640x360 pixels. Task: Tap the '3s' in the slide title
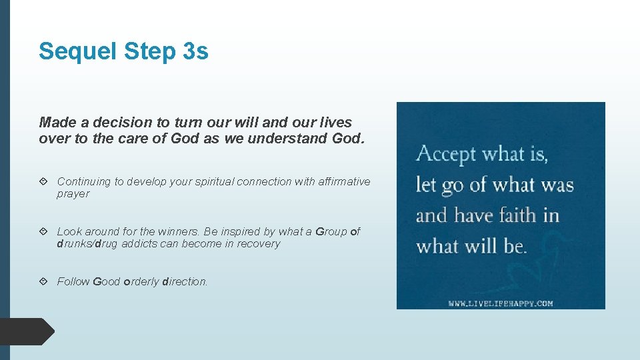click(x=195, y=51)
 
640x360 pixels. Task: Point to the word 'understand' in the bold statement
click(x=293, y=139)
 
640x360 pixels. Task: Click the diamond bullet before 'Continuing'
click(x=43, y=181)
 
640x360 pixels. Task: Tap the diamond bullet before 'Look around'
click(x=43, y=231)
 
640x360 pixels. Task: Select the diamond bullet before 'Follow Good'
click(x=43, y=281)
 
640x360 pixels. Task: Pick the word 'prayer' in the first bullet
click(x=73, y=194)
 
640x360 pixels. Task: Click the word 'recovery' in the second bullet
click(x=257, y=244)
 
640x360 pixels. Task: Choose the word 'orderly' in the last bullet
click(x=141, y=281)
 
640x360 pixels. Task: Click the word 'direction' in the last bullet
click(x=184, y=281)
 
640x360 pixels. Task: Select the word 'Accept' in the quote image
click(x=445, y=155)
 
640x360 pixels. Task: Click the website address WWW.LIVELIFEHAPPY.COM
click(x=501, y=303)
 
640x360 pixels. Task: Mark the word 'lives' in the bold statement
click(x=335, y=123)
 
